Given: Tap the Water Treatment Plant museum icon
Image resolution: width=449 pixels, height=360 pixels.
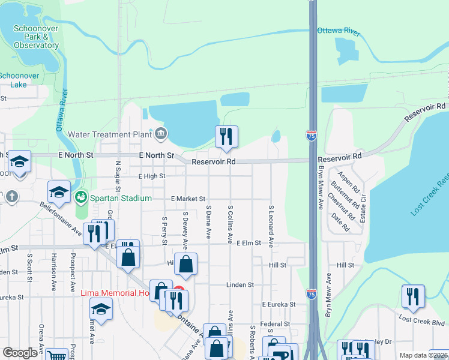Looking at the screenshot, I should click(x=161, y=134).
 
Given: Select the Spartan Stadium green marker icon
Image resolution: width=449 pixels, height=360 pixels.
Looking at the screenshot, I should click(x=81, y=196).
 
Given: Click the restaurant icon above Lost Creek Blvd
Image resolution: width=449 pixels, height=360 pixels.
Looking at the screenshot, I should click(x=413, y=296).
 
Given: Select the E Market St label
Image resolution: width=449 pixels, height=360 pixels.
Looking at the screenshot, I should click(x=188, y=199).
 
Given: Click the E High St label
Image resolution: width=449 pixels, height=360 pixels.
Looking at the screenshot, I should click(x=151, y=176).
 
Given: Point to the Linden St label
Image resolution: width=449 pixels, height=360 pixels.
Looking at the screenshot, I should click(x=240, y=284).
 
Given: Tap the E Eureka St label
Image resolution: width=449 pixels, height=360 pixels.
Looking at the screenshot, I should click(x=279, y=305).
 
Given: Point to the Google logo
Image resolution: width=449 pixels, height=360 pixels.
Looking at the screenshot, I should click(x=20, y=353).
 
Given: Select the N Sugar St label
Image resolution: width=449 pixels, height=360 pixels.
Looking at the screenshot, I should click(x=118, y=175).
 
